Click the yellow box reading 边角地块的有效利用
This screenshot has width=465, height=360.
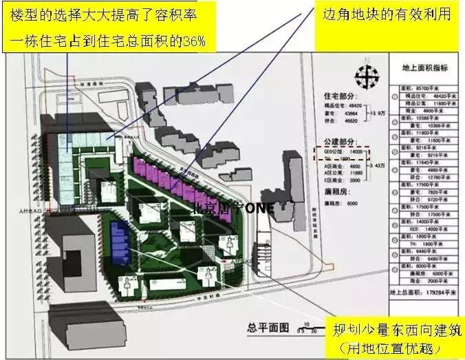[387, 14]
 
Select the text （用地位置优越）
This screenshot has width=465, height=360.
[395, 348]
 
